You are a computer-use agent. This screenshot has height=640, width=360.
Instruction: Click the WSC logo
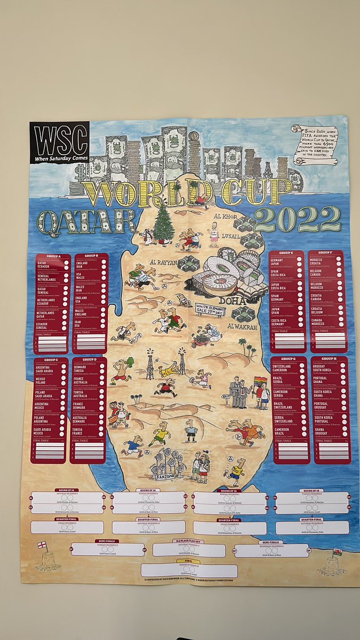59,142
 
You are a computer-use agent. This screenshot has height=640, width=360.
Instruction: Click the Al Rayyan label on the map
162,262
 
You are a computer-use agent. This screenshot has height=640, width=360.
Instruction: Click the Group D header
89,361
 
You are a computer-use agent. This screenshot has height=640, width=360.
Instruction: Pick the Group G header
289,359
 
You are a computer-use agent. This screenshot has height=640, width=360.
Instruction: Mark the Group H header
330,359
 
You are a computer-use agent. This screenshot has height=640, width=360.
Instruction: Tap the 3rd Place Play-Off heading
189,541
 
